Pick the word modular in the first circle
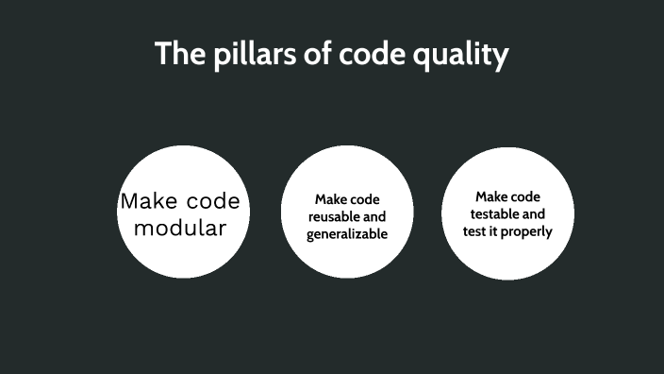[x=180, y=228]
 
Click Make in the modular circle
[x=147, y=201]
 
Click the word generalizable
[x=347, y=234]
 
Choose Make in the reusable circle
[x=331, y=200]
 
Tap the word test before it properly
[x=474, y=231]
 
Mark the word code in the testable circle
[x=525, y=197]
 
